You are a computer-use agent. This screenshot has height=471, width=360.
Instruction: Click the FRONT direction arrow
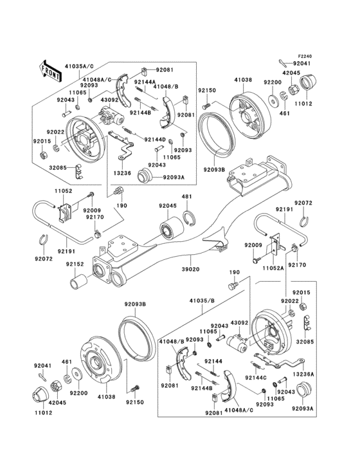[x=50, y=69]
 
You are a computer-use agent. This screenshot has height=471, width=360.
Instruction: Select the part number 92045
[x=168, y=206]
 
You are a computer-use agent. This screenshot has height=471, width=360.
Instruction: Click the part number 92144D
[x=154, y=140]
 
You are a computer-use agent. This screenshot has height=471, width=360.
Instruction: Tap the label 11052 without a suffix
[x=62, y=191]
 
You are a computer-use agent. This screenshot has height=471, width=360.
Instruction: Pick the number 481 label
[x=186, y=197]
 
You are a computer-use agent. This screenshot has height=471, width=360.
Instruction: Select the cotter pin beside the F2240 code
[x=285, y=62]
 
